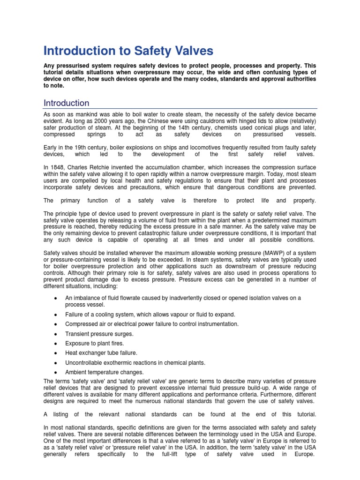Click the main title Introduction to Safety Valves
point(128,51)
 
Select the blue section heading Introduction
point(66,103)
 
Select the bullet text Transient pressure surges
point(99,334)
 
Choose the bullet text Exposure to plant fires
point(94,344)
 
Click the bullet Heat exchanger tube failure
point(101,353)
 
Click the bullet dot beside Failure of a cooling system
point(56,315)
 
